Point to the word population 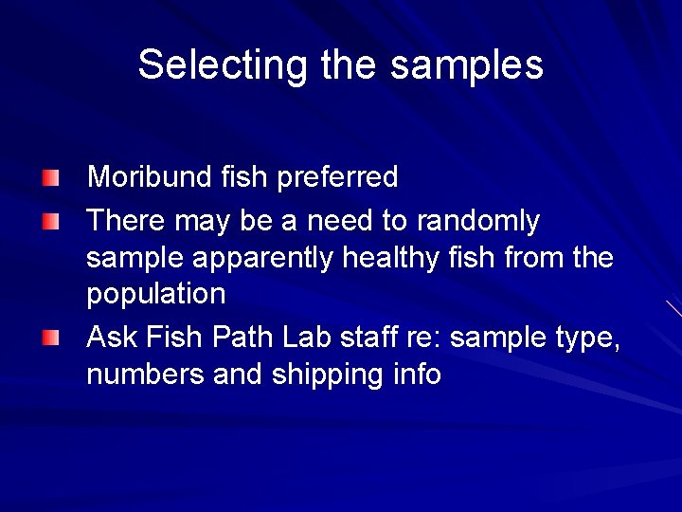click(x=156, y=294)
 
